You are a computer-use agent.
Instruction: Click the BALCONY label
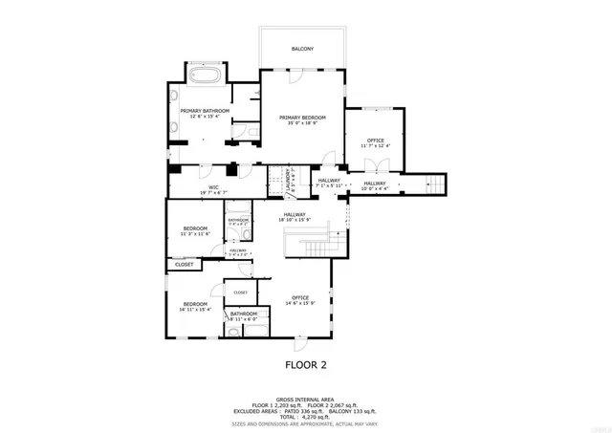[302, 48]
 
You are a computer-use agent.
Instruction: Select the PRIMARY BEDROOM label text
[302, 118]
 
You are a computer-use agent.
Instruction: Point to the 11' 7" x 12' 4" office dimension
[375, 146]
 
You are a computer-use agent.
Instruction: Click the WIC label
[203, 187]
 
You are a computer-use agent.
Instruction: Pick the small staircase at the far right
[436, 184]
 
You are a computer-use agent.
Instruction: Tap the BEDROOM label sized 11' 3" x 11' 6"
[196, 228]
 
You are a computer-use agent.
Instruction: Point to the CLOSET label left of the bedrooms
[184, 264]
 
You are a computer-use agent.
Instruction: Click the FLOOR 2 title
[305, 364]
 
